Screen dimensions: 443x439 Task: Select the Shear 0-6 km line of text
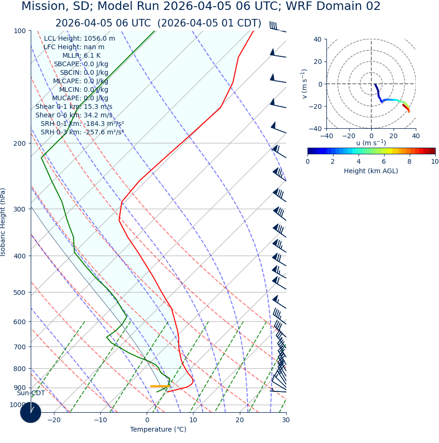74,115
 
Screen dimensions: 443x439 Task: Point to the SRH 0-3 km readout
82,132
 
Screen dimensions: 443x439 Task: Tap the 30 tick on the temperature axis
286,420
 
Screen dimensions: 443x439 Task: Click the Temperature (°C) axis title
158,429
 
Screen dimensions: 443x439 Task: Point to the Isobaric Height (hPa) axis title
3,222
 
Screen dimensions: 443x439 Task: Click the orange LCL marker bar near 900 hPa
160,386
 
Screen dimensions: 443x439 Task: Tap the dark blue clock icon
31,412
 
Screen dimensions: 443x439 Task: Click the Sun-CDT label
31,393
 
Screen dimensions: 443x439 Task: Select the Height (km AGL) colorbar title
371,171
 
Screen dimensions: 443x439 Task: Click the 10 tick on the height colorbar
434,161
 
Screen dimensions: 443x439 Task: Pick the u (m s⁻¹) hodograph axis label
371,143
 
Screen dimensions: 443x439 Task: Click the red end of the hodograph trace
408,110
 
